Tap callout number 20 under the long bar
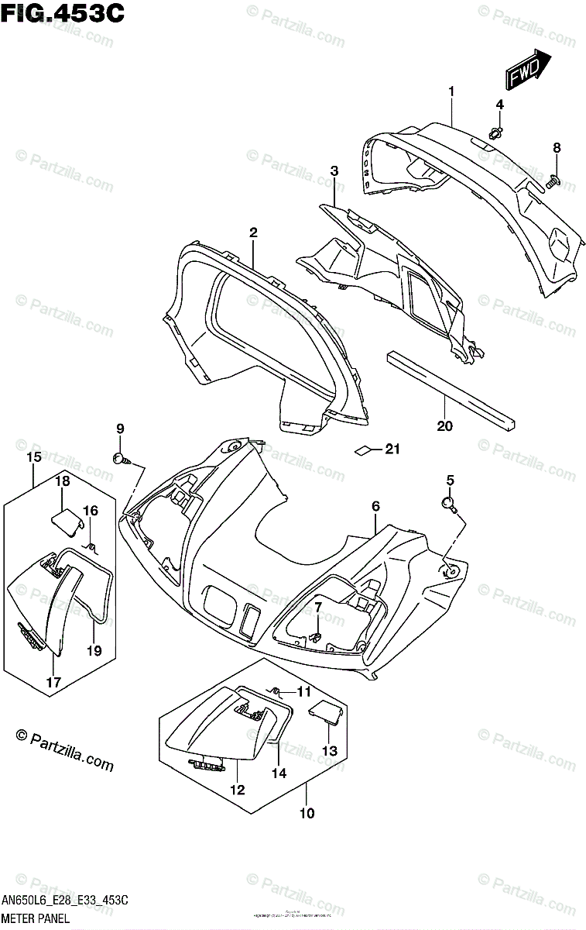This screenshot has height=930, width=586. pyautogui.click(x=444, y=425)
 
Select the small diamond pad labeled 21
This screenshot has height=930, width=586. pyautogui.click(x=362, y=449)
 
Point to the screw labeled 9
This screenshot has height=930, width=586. pyautogui.click(x=121, y=458)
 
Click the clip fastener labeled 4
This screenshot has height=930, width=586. pyautogui.click(x=496, y=133)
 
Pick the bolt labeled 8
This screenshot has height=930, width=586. pyautogui.click(x=553, y=181)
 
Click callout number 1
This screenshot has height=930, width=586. pyautogui.click(x=451, y=91)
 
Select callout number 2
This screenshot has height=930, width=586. pyautogui.click(x=252, y=232)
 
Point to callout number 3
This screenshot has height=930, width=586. pyautogui.click(x=334, y=170)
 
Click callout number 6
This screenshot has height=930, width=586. pyautogui.click(x=375, y=506)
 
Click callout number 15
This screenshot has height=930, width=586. pyautogui.click(x=33, y=457)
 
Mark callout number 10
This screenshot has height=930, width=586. pyautogui.click(x=307, y=813)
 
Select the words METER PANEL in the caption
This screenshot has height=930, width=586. pyautogui.click(x=36, y=918)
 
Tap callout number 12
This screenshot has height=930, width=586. pyautogui.click(x=236, y=790)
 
